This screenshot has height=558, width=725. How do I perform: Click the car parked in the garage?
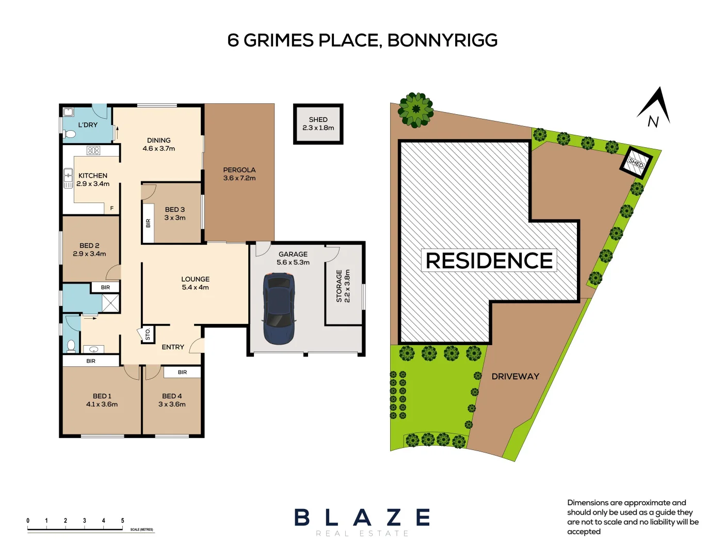[279, 308]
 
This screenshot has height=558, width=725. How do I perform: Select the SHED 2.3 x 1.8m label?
[318, 123]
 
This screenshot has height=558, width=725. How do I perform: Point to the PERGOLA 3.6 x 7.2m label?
[239, 174]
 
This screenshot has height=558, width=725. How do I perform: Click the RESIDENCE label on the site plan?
[489, 260]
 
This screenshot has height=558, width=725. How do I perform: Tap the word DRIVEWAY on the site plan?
[515, 377]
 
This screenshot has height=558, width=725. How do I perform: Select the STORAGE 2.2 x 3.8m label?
[343, 286]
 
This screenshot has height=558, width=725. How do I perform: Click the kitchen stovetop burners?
[93, 150]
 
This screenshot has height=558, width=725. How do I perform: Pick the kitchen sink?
[68, 178]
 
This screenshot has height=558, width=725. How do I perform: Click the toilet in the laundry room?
[70, 134]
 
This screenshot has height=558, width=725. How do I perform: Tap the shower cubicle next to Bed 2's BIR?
[110, 303]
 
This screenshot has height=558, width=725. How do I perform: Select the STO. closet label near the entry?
[148, 334]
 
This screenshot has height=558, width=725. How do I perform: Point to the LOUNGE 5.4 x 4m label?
[195, 283]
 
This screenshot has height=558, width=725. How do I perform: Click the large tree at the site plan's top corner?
[415, 109]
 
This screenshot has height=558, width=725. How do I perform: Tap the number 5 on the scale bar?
[122, 521]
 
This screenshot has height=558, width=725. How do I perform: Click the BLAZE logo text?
[362, 517]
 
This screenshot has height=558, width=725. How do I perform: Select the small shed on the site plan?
[636, 163]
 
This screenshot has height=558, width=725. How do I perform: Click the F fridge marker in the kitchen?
[111, 208]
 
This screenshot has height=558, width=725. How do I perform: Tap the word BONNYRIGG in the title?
[442, 40]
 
